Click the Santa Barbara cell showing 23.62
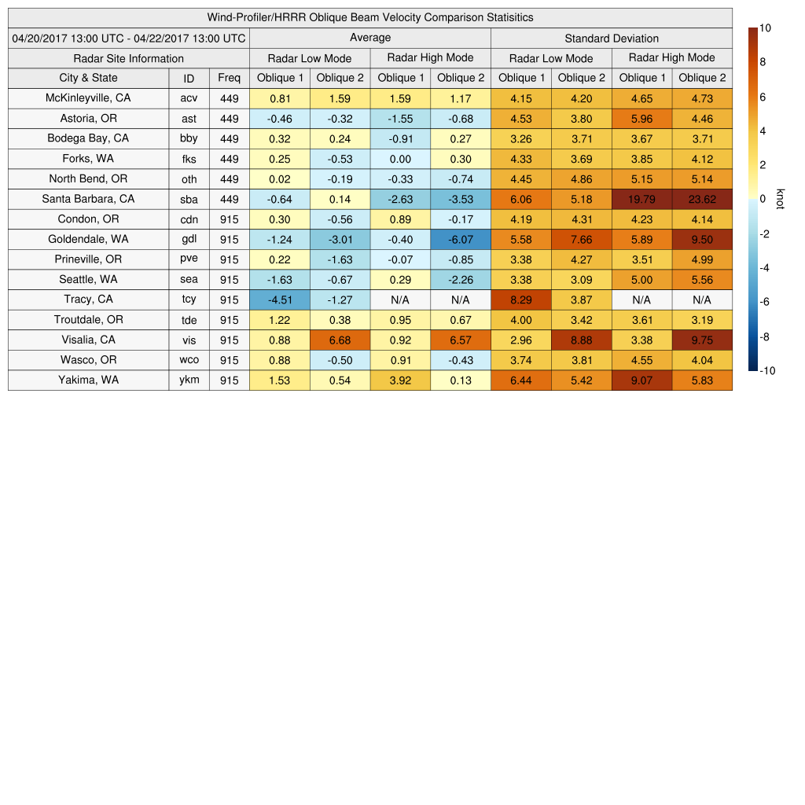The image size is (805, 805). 702,199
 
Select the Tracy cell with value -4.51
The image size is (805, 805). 280,300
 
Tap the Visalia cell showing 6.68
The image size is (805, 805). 340,340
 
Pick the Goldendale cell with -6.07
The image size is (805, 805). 461,239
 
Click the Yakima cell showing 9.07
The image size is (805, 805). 641,380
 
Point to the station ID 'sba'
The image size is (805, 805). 189,199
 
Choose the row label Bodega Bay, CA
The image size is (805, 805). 88,138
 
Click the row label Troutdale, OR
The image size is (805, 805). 88,320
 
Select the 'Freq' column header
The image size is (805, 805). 229,78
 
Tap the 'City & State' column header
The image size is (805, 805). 88,78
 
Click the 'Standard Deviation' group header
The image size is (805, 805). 612,39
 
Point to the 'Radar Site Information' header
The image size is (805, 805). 128,58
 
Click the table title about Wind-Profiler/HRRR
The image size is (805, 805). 369,17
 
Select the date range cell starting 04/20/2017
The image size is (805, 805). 128,39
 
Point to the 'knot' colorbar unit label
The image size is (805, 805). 780,199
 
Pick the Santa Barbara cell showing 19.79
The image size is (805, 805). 641,199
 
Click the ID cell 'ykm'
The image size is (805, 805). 189,380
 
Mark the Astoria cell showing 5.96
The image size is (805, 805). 641,119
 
